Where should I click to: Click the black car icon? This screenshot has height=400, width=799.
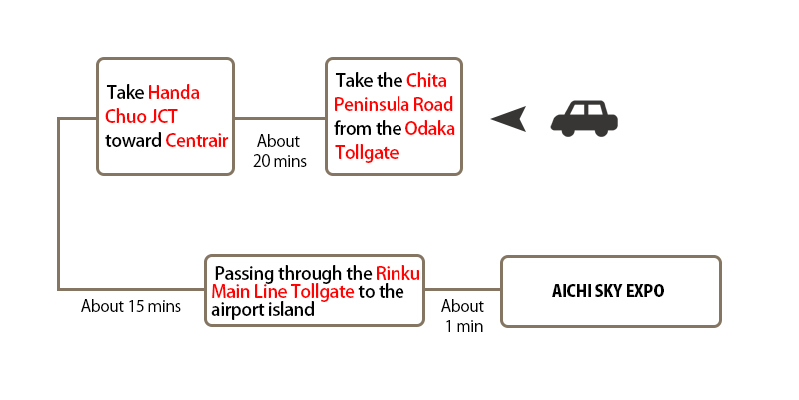pyautogui.click(x=584, y=118)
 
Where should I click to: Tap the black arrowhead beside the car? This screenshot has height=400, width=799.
pyautogui.click(x=509, y=119)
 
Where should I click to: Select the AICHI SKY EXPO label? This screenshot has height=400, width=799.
pyautogui.click(x=608, y=291)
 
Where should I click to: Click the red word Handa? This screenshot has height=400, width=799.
pyautogui.click(x=173, y=93)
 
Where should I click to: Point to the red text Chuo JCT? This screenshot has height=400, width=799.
pyautogui.click(x=141, y=116)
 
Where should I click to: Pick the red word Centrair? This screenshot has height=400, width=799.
pyautogui.click(x=196, y=140)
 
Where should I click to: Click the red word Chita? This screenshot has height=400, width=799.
pyautogui.click(x=427, y=81)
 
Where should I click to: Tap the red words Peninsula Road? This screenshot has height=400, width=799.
pyautogui.click(x=394, y=105)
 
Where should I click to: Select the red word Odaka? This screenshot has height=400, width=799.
pyautogui.click(x=430, y=129)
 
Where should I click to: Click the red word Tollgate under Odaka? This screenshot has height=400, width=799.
pyautogui.click(x=367, y=153)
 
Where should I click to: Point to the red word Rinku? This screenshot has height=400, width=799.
pyautogui.click(x=398, y=273)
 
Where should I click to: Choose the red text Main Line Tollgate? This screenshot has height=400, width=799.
pyautogui.click(x=283, y=292)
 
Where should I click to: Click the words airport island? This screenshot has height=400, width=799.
pyautogui.click(x=263, y=309)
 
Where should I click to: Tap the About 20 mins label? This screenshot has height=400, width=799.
pyautogui.click(x=280, y=151)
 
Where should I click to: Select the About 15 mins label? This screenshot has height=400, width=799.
pyautogui.click(x=131, y=306)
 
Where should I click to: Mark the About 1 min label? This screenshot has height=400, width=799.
pyautogui.click(x=463, y=316)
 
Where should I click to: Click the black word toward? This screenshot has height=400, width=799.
pyautogui.click(x=133, y=140)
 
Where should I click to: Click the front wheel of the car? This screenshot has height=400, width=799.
pyautogui.click(x=567, y=130)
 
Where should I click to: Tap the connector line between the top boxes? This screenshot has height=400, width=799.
pyautogui.click(x=280, y=118)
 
